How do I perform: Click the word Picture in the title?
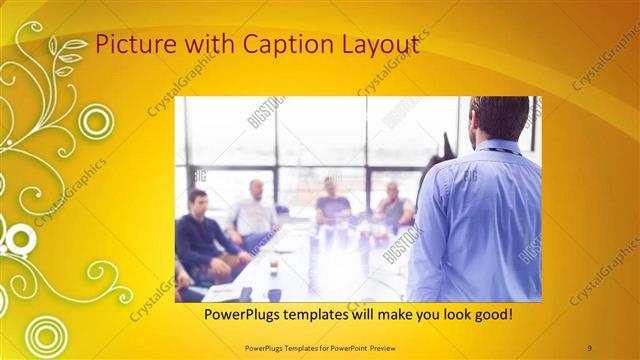[129, 45]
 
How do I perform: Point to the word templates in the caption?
[329, 314]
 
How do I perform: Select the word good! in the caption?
[491, 314]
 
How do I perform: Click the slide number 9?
[590, 346]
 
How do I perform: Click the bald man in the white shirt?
[254, 210]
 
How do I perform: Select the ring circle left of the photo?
[97, 122]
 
